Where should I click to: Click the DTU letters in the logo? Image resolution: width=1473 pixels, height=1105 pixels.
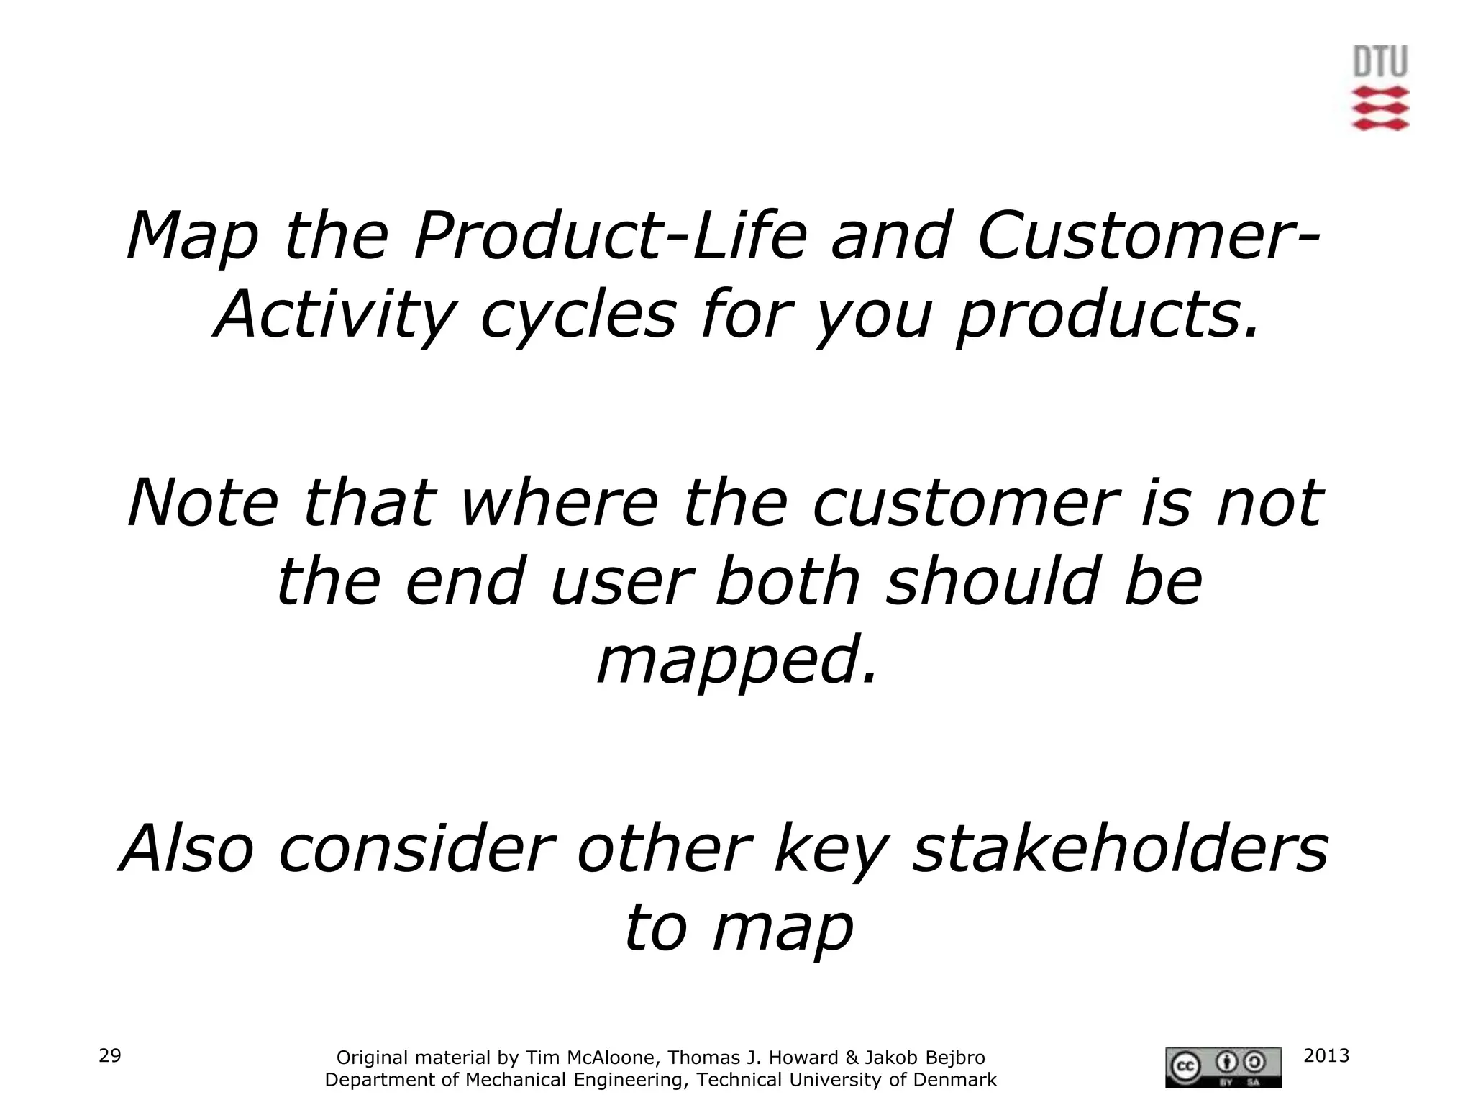point(1379,62)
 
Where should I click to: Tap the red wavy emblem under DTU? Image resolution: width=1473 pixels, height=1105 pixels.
point(1379,109)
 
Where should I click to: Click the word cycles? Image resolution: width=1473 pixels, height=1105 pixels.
point(578,316)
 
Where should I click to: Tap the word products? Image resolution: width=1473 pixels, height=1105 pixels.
point(1108,316)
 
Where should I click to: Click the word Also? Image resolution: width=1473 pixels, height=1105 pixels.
point(186,849)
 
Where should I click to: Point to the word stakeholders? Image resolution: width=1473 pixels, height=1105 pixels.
point(1119,849)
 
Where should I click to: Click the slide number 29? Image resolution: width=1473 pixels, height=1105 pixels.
point(109,1055)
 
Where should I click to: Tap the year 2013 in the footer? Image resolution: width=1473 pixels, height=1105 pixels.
point(1326,1055)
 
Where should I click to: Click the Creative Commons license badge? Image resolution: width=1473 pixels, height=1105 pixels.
point(1223,1067)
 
